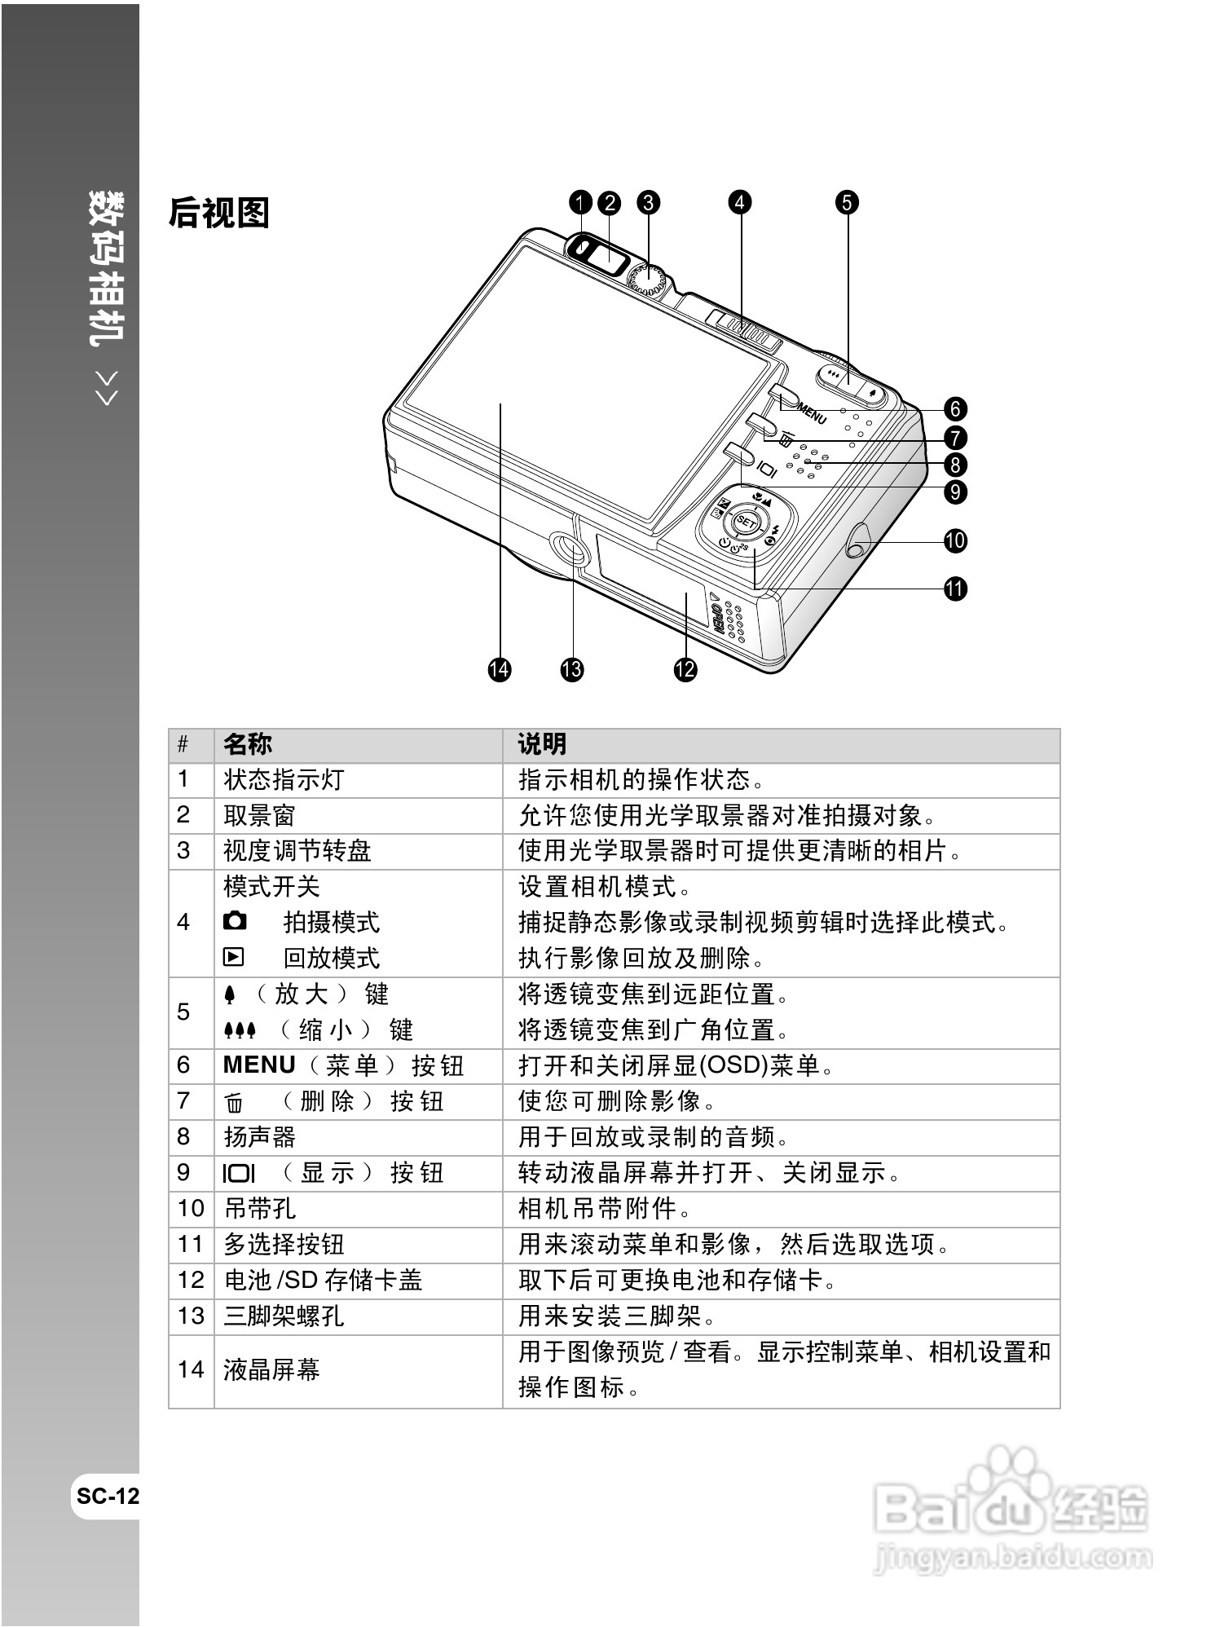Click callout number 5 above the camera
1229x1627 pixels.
click(x=847, y=202)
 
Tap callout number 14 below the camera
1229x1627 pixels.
click(x=499, y=669)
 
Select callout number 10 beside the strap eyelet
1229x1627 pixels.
click(x=955, y=540)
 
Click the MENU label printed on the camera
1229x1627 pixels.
click(x=811, y=412)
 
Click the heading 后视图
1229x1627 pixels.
click(x=218, y=214)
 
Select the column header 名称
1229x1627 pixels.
click(x=248, y=744)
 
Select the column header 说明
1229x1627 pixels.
click(x=542, y=744)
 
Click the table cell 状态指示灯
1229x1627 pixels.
click(x=284, y=780)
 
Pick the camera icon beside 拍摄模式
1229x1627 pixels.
click(x=235, y=921)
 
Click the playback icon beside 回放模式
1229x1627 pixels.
click(x=234, y=957)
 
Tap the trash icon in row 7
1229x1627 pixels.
click(x=234, y=1103)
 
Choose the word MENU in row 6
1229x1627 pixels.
click(x=259, y=1065)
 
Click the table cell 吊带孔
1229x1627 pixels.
click(x=259, y=1208)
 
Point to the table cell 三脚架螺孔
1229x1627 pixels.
click(x=284, y=1316)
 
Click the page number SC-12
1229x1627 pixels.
click(x=108, y=1497)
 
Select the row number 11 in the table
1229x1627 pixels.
click(x=190, y=1244)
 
